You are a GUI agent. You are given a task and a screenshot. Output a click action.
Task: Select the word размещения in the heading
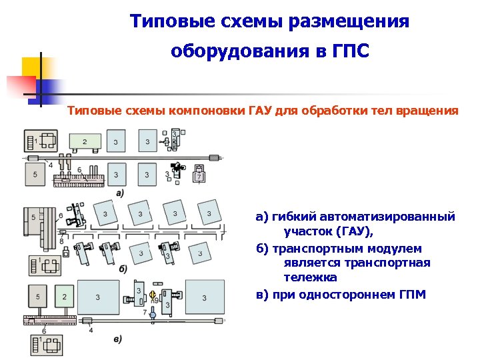351,21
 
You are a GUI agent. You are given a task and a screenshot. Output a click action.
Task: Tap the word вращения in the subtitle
425,111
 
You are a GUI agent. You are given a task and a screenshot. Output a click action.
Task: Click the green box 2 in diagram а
85,142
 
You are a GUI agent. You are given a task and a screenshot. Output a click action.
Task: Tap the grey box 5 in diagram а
35,173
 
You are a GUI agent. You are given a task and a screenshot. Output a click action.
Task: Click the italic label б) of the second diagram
123,269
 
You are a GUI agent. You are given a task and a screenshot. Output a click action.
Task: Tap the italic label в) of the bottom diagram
117,339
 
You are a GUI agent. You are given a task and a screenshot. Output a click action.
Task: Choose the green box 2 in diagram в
64,296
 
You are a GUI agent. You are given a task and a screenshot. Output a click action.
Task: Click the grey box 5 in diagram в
38,296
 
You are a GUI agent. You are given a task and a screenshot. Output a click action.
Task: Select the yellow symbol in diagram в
153,294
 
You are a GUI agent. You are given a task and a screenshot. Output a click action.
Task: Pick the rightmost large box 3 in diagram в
205,297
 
